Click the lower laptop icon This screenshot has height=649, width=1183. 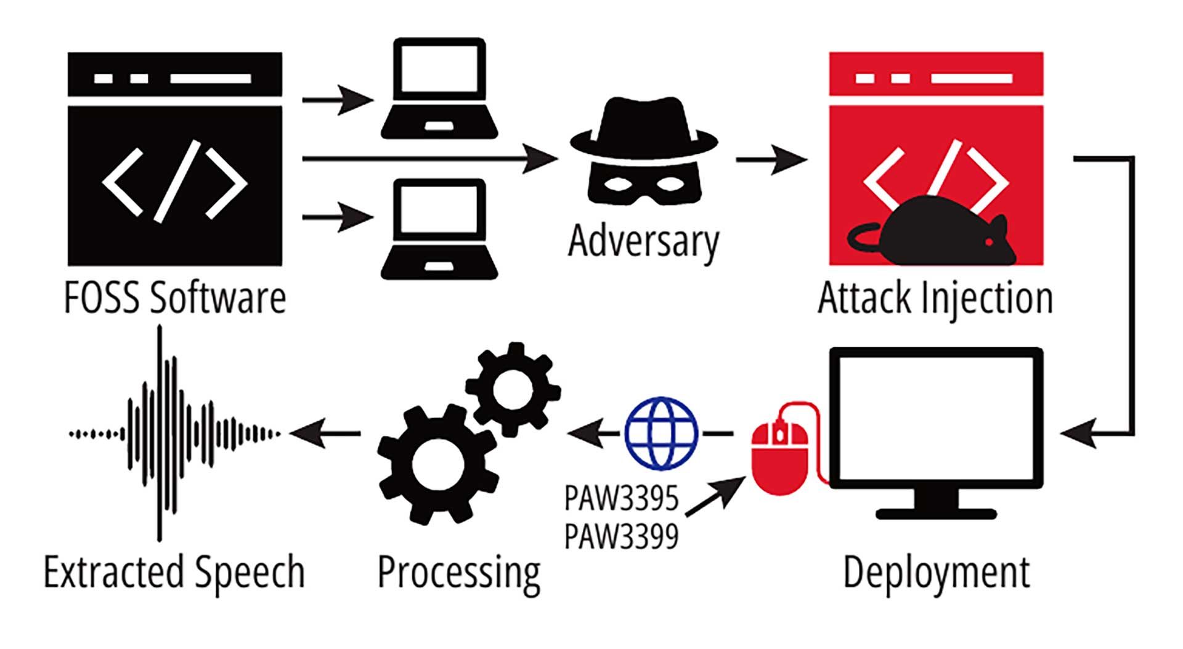(x=439, y=229)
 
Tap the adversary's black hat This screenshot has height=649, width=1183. (x=644, y=126)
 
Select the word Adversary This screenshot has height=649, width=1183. (x=643, y=241)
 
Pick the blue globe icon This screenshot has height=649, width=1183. (x=661, y=433)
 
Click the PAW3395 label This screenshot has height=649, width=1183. (x=621, y=498)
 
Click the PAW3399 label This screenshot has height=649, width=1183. (x=621, y=536)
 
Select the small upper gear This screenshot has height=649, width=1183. (x=513, y=388)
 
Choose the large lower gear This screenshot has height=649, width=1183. (x=437, y=464)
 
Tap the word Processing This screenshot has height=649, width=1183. (x=459, y=573)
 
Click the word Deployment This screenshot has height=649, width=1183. (x=936, y=573)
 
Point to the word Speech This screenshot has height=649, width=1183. (x=249, y=573)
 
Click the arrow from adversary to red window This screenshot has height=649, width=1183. (x=771, y=159)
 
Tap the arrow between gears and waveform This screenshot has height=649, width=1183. (x=325, y=433)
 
